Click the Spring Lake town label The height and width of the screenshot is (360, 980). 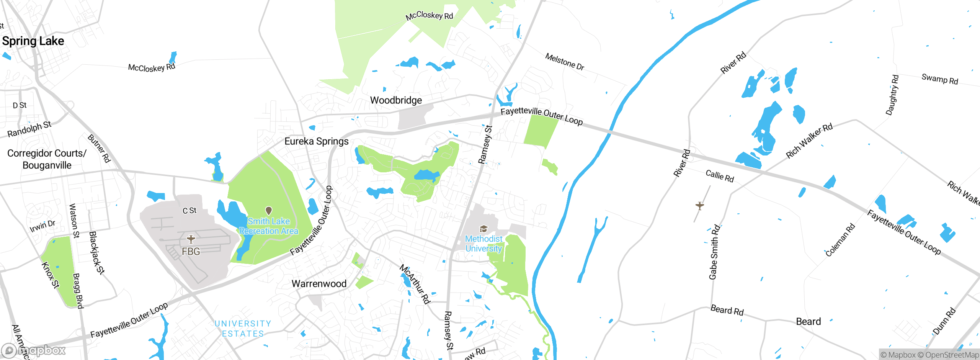[x=33, y=41]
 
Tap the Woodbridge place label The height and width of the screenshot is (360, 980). [x=396, y=100]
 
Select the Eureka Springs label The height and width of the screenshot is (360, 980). [x=316, y=141]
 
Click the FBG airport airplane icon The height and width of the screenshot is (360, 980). [x=191, y=239]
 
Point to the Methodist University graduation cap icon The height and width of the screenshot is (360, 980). [x=483, y=229]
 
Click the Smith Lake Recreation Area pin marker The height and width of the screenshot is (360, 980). [x=269, y=211]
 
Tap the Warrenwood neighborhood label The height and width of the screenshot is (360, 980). [x=319, y=284]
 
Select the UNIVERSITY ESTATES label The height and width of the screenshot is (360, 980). [x=243, y=329]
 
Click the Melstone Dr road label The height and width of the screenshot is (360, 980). [x=565, y=62]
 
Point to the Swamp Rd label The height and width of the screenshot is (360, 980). [x=939, y=79]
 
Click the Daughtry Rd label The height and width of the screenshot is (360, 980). [x=892, y=95]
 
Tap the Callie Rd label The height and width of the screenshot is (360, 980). [x=720, y=176]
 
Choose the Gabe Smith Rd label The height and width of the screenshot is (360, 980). [x=714, y=252]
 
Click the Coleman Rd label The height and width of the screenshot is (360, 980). [x=840, y=240]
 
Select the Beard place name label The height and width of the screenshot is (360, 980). [x=808, y=321]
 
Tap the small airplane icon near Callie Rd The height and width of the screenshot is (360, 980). [x=700, y=206]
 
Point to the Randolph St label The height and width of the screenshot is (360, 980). [x=29, y=129]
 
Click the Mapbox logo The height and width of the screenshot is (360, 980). [x=34, y=350]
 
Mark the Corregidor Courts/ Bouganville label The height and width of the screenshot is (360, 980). [x=47, y=159]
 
